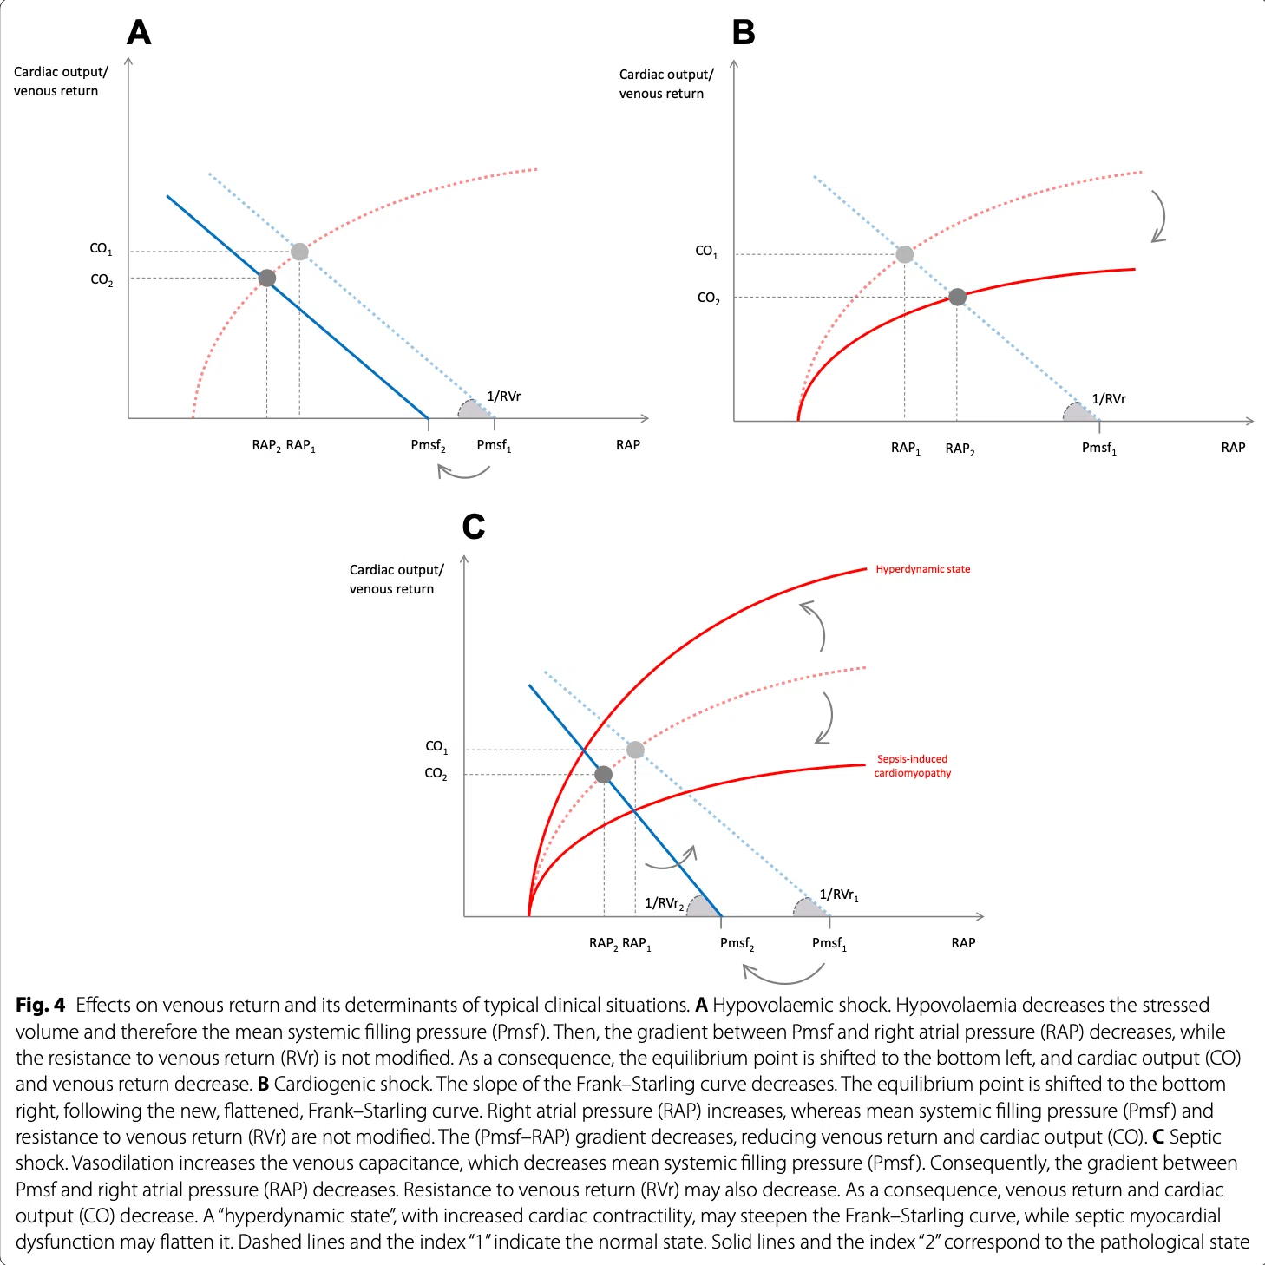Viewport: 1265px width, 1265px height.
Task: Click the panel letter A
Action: pyautogui.click(x=139, y=32)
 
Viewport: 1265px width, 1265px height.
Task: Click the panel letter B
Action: pyautogui.click(x=743, y=32)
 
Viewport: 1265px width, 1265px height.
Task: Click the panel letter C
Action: pyautogui.click(x=474, y=527)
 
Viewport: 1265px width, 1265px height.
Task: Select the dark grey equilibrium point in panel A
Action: pyautogui.click(x=266, y=278)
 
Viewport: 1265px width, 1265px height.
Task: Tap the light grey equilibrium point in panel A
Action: pyautogui.click(x=299, y=252)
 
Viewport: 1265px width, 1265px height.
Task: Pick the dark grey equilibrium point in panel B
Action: pyautogui.click(x=957, y=297)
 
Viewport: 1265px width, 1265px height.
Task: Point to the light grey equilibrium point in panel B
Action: pyautogui.click(x=905, y=254)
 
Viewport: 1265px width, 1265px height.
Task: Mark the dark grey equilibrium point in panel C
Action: pyautogui.click(x=603, y=775)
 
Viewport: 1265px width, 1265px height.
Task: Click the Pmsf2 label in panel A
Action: pyautogui.click(x=428, y=446)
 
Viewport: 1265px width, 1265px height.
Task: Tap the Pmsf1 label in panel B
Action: pyautogui.click(x=1099, y=449)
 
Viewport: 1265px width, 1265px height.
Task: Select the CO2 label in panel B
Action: pyautogui.click(x=708, y=298)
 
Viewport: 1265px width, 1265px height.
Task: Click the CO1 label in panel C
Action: pyautogui.click(x=436, y=747)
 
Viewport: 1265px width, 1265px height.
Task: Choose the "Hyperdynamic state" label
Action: pyautogui.click(x=922, y=569)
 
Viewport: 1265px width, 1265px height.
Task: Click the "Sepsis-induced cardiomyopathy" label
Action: pyautogui.click(x=913, y=765)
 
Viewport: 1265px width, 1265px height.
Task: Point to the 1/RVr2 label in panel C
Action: pyautogui.click(x=664, y=904)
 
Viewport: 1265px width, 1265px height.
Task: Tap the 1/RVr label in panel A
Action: pyautogui.click(x=503, y=396)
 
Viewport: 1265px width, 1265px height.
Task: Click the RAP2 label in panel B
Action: pyautogui.click(x=960, y=449)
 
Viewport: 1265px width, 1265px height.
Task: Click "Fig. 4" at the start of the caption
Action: pyautogui.click(x=41, y=1005)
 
